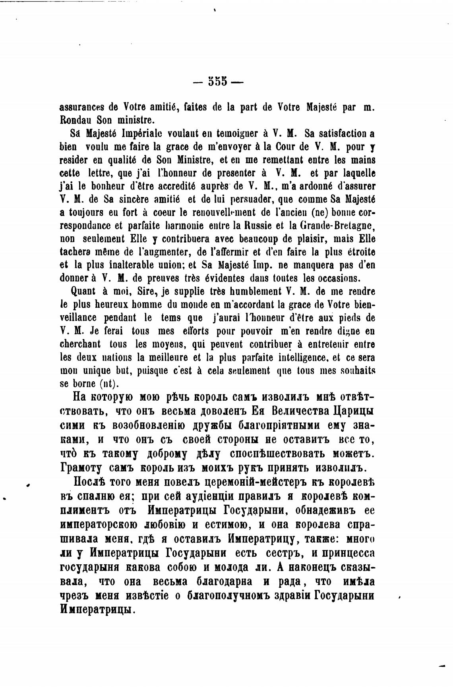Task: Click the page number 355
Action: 217,81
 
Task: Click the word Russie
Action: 257,226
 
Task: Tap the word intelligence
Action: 303,357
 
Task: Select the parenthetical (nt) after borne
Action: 106,384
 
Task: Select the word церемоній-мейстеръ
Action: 250,483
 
